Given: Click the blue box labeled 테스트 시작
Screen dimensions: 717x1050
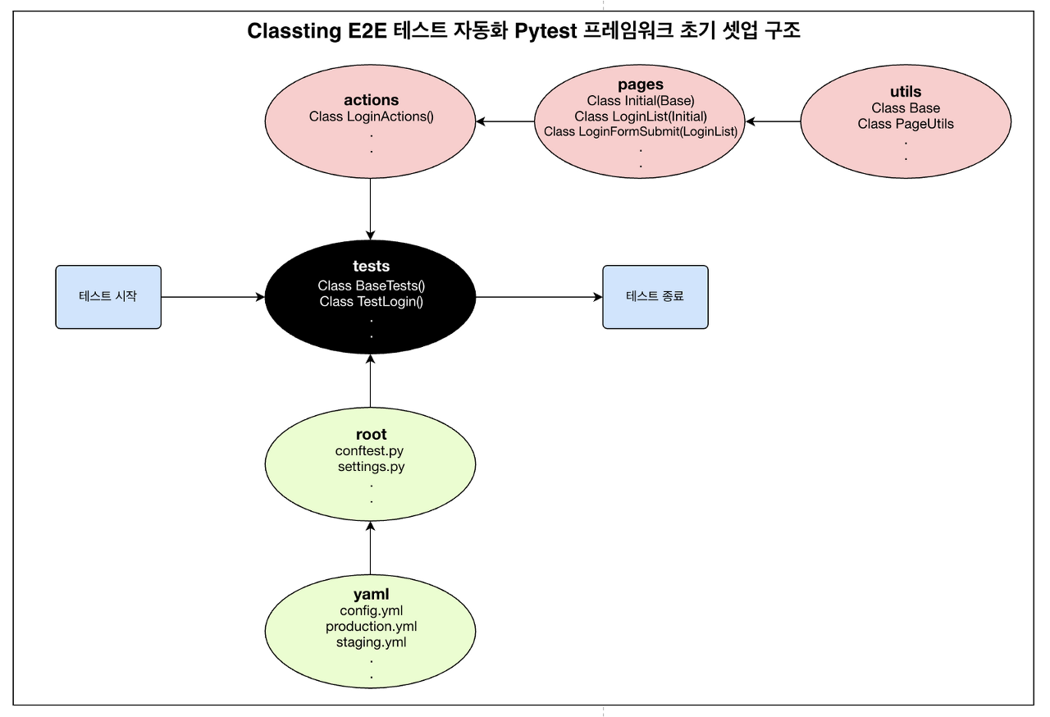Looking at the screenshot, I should click(108, 297).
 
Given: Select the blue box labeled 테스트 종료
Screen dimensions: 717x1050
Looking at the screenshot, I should click(655, 297).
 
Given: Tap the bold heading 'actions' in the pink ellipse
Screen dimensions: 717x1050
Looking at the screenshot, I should click(371, 100).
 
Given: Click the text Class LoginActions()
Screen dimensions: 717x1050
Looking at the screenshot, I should click(371, 116).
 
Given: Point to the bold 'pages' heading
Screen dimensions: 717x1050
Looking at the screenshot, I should click(640, 84).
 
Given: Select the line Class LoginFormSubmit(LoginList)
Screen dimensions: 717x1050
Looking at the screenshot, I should click(640, 131).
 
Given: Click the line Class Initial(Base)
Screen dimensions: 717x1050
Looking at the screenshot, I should click(640, 101).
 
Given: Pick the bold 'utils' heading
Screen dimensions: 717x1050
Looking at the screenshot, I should click(906, 92).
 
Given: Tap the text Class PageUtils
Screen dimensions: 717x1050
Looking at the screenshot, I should click(906, 124).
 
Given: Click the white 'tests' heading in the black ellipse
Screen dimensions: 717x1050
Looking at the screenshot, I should click(371, 266).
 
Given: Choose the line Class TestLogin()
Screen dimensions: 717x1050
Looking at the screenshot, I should click(371, 301).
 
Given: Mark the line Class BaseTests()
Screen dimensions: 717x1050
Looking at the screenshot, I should click(371, 285).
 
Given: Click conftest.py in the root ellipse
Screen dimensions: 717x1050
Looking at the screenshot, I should click(369, 451).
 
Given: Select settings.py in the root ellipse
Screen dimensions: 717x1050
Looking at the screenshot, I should click(371, 467).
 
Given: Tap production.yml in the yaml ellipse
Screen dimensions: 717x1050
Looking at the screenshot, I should click(371, 627).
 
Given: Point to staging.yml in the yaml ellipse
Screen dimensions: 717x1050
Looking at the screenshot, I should click(371, 642).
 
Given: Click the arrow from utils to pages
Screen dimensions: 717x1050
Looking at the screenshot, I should click(773, 122).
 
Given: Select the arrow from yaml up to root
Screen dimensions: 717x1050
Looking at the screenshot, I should click(371, 547).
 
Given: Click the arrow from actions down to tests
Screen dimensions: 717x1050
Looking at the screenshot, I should click(371, 205).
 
